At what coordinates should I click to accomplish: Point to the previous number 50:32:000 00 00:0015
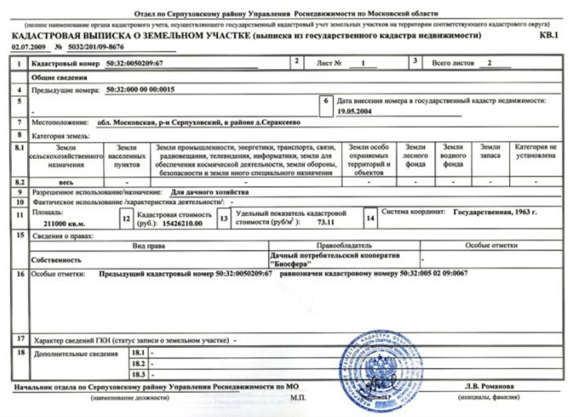click(135, 89)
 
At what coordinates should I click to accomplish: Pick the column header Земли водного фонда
click(453, 156)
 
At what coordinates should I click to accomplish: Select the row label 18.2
click(138, 363)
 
